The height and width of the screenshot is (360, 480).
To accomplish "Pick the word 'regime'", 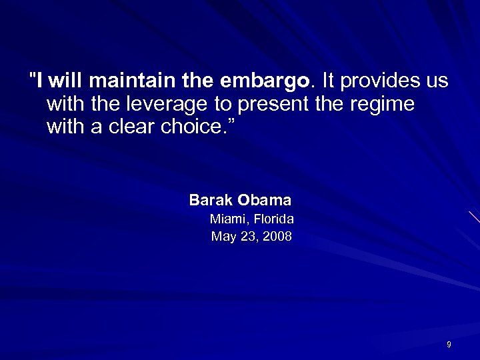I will pyautogui.click(x=382, y=105).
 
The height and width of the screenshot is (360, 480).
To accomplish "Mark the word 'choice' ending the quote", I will pyautogui.click(x=191, y=126).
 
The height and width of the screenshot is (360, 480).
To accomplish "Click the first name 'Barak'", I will pyautogui.click(x=210, y=200).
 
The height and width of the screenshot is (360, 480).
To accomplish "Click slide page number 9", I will pyautogui.click(x=449, y=344).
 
